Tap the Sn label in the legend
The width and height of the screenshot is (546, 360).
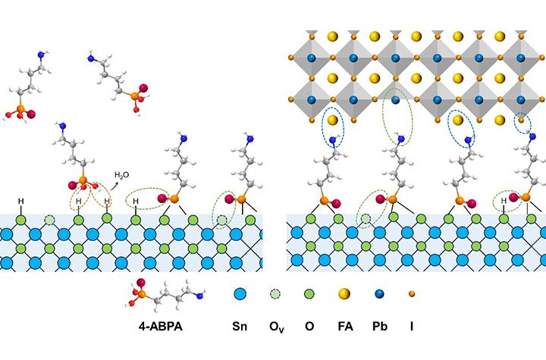[x=240, y=327]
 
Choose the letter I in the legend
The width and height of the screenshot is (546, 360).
[x=411, y=327]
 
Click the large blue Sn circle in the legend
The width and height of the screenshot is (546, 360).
[x=240, y=293]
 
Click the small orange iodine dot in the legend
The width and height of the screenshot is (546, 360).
[x=411, y=293]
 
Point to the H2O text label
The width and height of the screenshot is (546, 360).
[x=121, y=175]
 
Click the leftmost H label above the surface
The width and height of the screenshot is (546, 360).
[x=21, y=201]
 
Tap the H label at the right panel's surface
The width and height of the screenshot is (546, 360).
[x=504, y=201]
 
